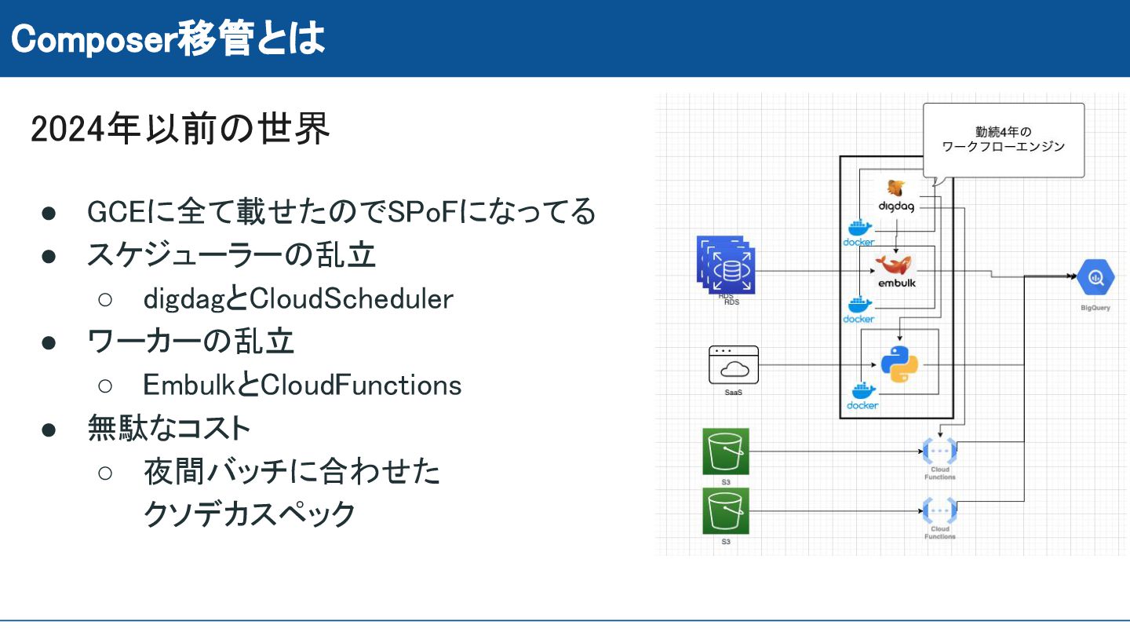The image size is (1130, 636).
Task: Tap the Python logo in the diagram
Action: click(x=899, y=364)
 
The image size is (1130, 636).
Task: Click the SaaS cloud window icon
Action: click(x=734, y=364)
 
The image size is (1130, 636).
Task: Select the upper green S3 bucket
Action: click(x=726, y=451)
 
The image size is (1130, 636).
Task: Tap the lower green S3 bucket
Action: click(x=726, y=511)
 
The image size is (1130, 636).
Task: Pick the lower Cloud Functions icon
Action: click(x=939, y=510)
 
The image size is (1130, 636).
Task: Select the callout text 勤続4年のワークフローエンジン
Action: click(x=1004, y=139)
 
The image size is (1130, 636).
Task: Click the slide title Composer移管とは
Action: click(x=169, y=38)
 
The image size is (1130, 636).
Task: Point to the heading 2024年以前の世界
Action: click(x=180, y=130)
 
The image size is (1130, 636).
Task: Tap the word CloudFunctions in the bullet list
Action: click(x=361, y=385)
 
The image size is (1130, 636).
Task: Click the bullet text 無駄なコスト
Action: click(x=169, y=428)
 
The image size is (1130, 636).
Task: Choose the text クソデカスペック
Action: click(x=250, y=514)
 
